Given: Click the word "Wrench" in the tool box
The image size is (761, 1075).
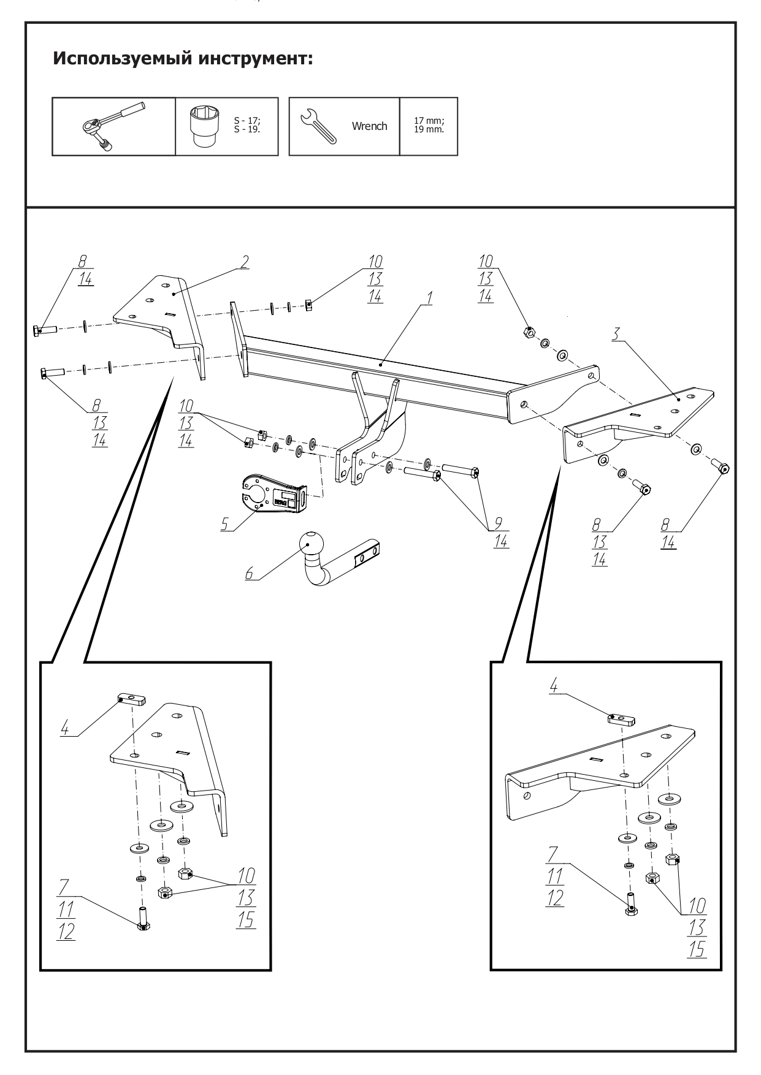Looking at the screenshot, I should [369, 126].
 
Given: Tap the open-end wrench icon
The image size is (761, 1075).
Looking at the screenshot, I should [317, 125].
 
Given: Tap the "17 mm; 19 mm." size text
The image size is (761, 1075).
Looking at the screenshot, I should [429, 126].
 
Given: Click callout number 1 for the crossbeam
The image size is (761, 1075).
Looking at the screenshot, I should [429, 298].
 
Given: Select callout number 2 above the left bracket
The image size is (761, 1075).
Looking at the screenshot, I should [244, 262].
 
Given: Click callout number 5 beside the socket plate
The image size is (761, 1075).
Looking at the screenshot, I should [224, 524].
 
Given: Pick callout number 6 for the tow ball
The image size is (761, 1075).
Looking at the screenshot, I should [249, 573].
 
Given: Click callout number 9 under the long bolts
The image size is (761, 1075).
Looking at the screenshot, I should [498, 523].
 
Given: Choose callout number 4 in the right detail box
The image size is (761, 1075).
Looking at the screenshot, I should [554, 686].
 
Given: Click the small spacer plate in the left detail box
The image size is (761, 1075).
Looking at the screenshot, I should [131, 699].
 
